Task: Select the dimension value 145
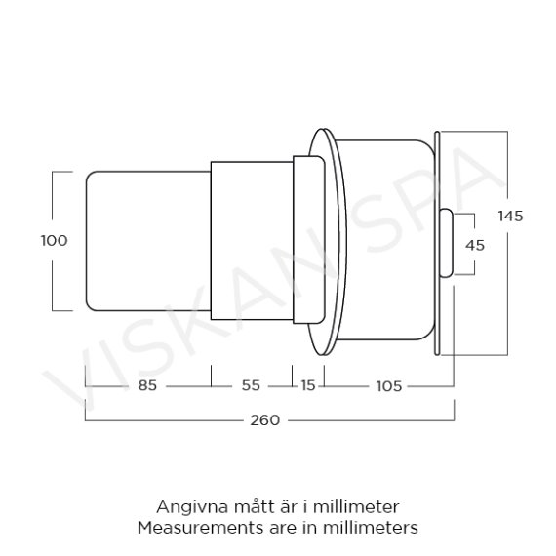510,216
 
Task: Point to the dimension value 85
148,385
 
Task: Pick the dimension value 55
251,385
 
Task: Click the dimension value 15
307,385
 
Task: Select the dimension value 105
388,385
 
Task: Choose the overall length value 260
264,420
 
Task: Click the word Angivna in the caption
186,507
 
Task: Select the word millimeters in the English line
374,528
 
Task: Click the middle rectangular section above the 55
251,241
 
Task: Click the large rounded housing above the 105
385,241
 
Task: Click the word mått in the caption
249,507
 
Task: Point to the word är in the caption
284,507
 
